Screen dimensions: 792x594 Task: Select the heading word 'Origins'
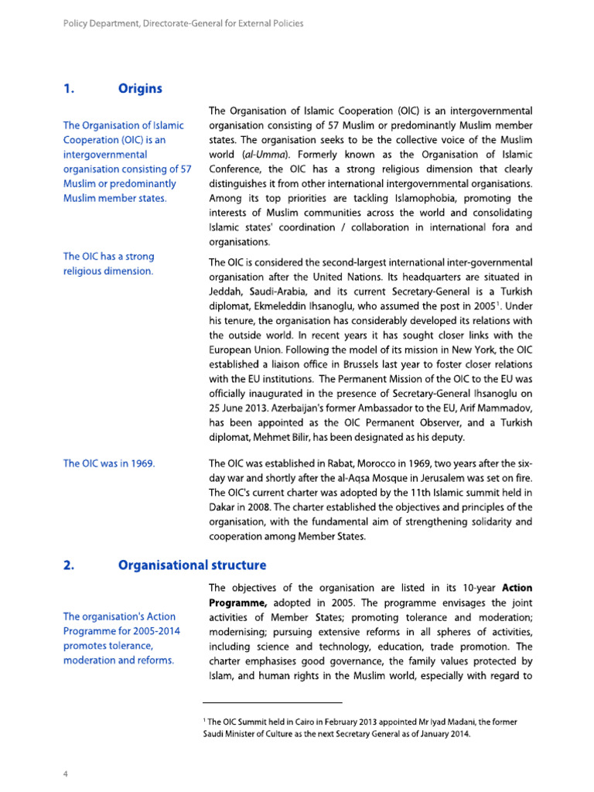(x=140, y=88)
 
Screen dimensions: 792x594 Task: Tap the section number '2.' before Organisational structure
(x=67, y=565)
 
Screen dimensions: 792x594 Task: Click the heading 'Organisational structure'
(x=192, y=565)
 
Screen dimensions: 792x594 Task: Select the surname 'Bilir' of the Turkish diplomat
(x=327, y=438)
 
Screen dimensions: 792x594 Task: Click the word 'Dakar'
(x=227, y=507)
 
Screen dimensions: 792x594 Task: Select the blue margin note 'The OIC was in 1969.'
(x=109, y=463)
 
